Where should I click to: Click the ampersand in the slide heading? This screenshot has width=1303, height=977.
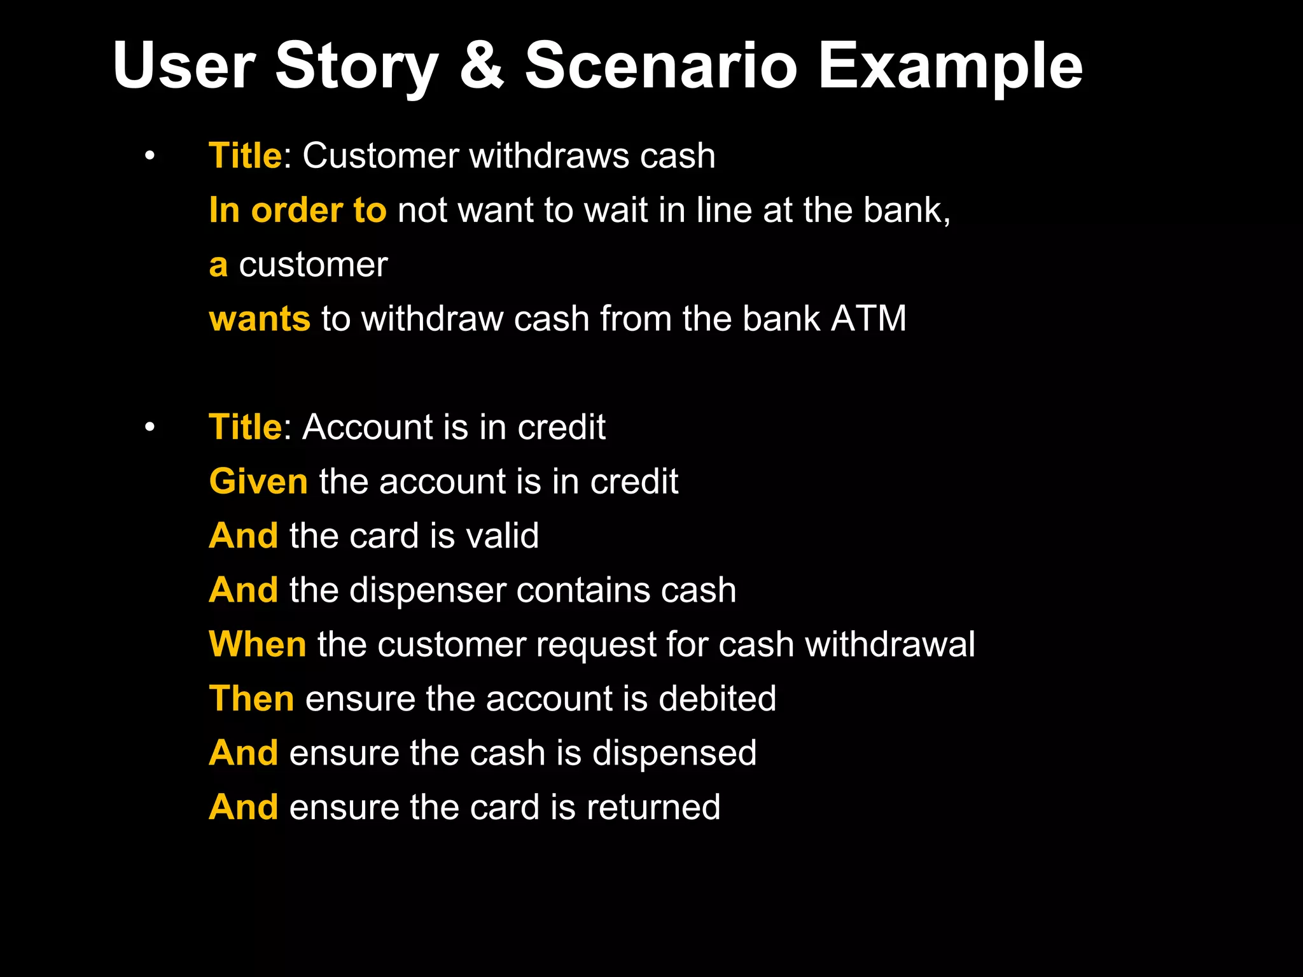[482, 66]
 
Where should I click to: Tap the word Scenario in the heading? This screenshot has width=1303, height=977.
[661, 66]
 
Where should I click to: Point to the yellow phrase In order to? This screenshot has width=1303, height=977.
[297, 211]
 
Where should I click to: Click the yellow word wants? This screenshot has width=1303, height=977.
[260, 319]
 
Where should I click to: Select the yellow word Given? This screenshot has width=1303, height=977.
[258, 482]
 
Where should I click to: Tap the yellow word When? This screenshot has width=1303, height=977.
[258, 644]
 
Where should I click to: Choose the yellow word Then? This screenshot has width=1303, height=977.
[251, 698]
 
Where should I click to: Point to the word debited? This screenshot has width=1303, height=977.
[717, 698]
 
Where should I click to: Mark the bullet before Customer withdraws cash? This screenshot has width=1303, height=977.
[150, 156]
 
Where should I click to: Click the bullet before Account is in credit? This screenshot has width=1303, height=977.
[150, 427]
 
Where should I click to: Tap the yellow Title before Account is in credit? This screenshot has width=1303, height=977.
[245, 427]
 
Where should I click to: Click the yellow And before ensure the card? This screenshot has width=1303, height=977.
[244, 807]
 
